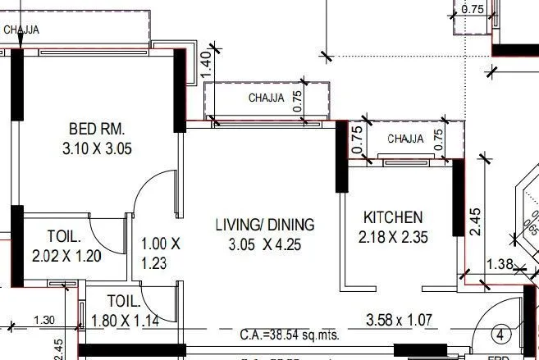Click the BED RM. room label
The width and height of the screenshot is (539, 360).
[96, 129]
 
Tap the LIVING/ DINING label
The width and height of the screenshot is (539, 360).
[264, 224]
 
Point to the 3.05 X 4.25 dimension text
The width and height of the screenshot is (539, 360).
[264, 244]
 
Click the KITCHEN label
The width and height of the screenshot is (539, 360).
[393, 217]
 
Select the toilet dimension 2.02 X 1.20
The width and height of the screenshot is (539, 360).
[66, 255]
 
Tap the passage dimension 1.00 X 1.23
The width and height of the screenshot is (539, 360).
[160, 253]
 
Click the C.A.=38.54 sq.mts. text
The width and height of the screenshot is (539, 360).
[290, 335]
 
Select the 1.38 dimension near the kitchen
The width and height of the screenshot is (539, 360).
[500, 264]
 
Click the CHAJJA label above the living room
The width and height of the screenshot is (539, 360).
[266, 98]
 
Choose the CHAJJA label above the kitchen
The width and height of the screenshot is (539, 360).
[405, 139]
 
